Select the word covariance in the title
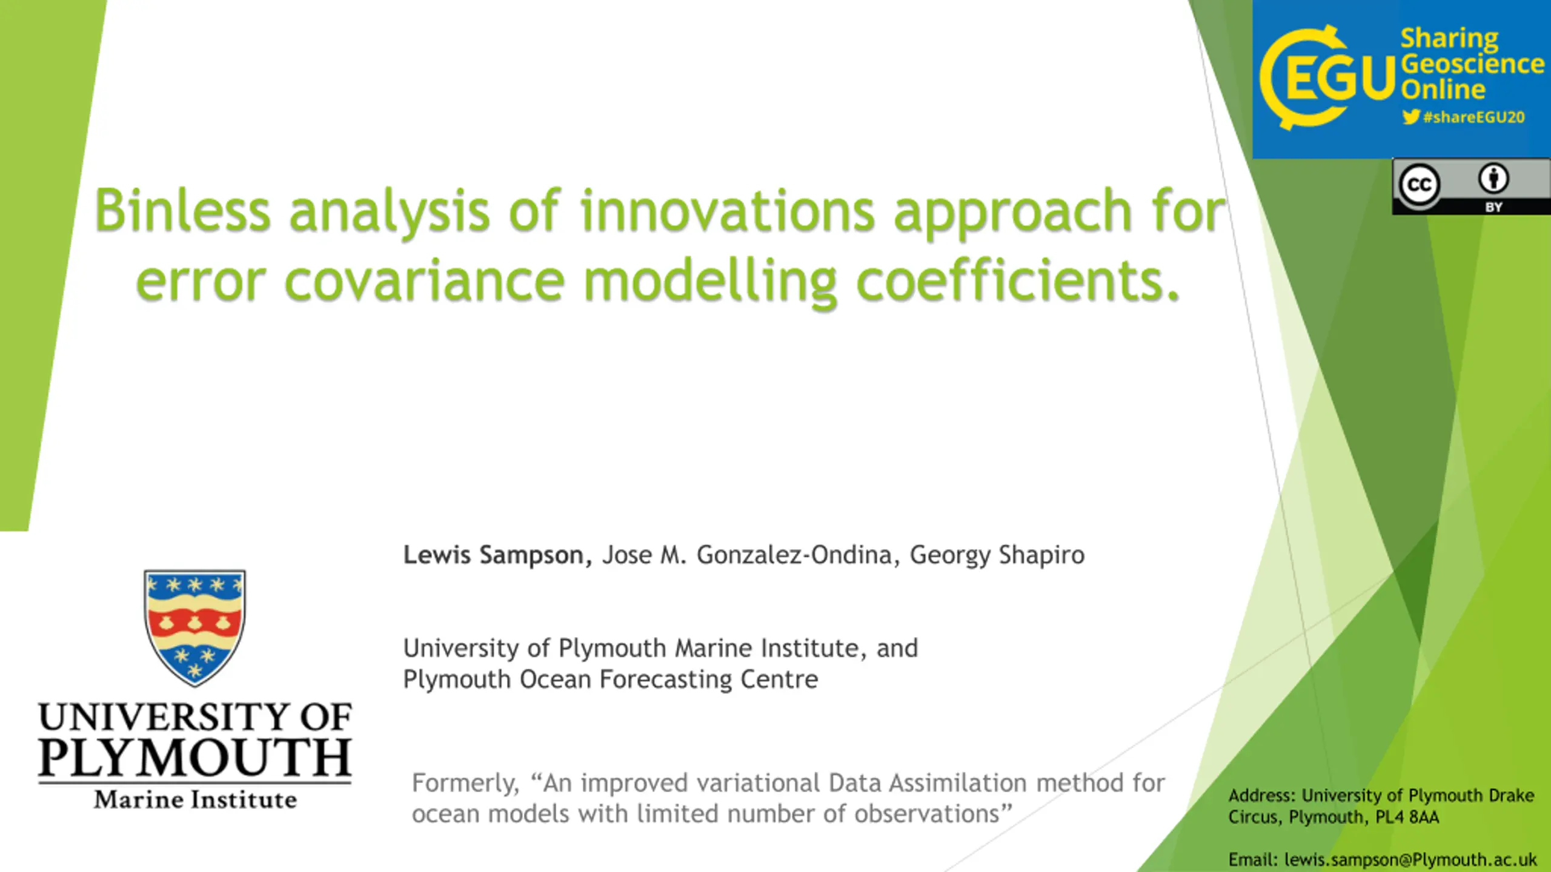425,282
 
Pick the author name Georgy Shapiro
997,555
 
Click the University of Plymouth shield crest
194,627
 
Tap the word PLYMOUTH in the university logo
194,758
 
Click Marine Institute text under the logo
195,799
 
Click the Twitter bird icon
1411,116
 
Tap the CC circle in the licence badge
1419,185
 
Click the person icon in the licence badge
1493,179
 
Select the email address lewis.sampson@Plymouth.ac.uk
1410,859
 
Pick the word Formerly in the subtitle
466,783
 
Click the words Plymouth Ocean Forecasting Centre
611,679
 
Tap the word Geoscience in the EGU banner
1472,64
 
